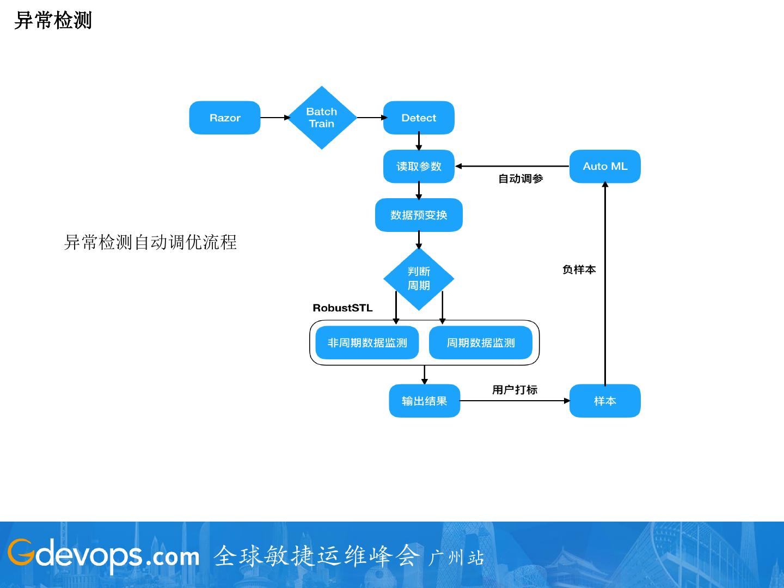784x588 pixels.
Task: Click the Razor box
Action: pos(224,118)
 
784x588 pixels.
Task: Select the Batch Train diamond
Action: pos(322,118)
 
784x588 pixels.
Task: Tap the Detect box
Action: pos(419,118)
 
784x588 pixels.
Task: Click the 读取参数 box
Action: pos(419,166)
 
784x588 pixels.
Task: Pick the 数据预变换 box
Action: pos(419,215)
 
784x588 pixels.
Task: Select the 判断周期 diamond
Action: pos(419,279)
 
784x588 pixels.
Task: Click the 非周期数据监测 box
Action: pos(367,343)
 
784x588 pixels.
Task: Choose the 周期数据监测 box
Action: pos(481,343)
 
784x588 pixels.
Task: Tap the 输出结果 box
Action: pos(424,401)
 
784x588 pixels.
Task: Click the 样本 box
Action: pos(605,401)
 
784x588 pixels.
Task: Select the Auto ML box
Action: pos(605,166)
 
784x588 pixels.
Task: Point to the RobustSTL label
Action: pos(342,308)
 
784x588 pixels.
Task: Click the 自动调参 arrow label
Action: pos(520,179)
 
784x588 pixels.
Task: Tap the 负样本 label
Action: pos(579,269)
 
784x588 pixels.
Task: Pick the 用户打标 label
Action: pos(514,390)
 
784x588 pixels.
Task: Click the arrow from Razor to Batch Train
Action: pos(274,118)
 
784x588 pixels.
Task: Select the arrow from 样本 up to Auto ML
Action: pos(605,283)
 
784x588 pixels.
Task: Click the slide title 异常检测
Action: pos(53,21)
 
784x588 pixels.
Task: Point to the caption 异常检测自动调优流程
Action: pos(150,242)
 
